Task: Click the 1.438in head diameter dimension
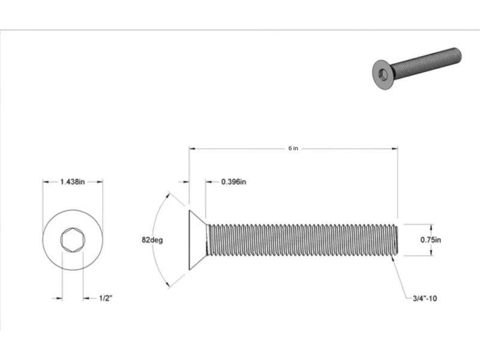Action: click(73, 182)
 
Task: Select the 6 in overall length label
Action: click(293, 148)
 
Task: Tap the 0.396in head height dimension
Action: click(233, 182)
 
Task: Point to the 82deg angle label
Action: click(152, 239)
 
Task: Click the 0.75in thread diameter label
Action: click(430, 239)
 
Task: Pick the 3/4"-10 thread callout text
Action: click(425, 298)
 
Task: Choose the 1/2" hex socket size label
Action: click(106, 298)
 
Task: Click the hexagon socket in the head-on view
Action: click(73, 240)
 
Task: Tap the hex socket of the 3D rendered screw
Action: click(383, 74)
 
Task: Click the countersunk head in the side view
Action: click(197, 240)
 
